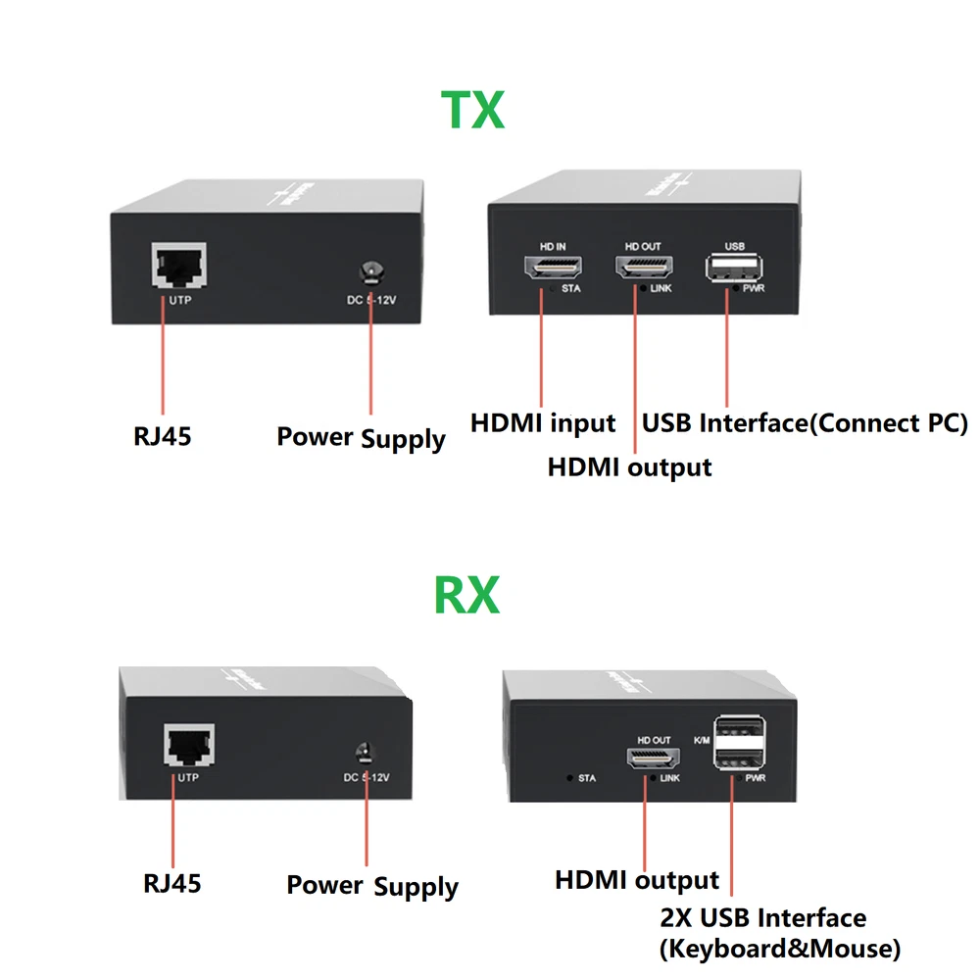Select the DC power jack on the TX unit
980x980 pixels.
(371, 269)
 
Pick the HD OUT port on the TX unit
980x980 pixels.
(643, 268)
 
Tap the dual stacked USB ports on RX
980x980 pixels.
(741, 744)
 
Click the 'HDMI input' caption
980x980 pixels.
(543, 423)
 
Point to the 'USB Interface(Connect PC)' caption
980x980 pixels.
(805, 423)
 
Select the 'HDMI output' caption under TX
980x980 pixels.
(629, 467)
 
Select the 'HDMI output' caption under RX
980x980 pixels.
(637, 880)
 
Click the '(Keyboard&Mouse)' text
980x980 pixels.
(779, 948)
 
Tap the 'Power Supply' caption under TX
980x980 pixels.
(361, 437)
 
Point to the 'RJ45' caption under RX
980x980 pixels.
(171, 883)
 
